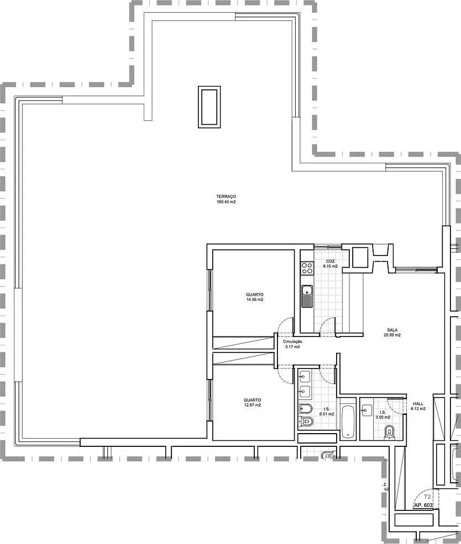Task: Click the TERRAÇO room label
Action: (226, 197)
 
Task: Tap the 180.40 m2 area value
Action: (226, 202)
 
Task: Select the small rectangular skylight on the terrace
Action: (209, 106)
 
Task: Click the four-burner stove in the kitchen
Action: (306, 269)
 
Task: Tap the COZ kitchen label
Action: (330, 261)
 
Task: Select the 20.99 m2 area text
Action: (394, 335)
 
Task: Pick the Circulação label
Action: (293, 342)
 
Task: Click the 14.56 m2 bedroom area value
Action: (255, 300)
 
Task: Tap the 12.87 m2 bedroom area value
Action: (252, 405)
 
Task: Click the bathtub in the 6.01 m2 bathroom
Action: (348, 422)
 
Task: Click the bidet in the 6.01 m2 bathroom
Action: (305, 409)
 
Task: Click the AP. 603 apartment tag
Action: (423, 505)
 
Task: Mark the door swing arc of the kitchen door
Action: (327, 324)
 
